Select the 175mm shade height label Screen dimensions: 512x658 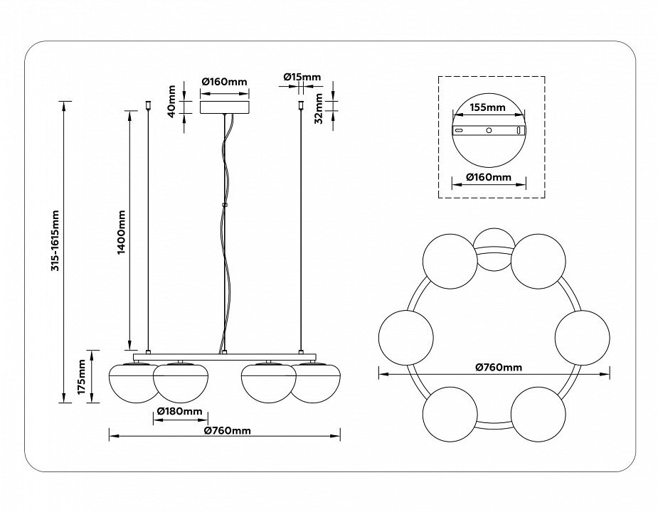pos(82,377)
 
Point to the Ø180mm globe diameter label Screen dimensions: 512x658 pos(179,412)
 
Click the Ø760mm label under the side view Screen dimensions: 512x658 pos(227,430)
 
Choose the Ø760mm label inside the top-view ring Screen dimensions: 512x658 pos(499,367)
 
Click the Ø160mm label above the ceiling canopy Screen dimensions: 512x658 pos(225,82)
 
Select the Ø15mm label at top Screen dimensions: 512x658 pos(302,77)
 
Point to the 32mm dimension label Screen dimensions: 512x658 pos(319,107)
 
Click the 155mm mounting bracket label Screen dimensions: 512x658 pos(488,108)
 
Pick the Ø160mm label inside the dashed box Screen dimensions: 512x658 pos(488,176)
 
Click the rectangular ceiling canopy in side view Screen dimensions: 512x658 pos(224,107)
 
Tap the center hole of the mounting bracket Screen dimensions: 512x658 pos(489,131)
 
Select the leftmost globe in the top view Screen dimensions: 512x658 pos(405,338)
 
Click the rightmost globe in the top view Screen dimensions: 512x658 pos(582,338)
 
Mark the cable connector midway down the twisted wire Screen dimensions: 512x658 pos(224,206)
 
